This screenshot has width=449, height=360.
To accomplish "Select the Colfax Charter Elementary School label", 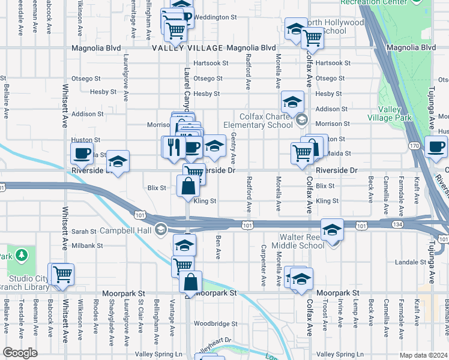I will click(261, 121).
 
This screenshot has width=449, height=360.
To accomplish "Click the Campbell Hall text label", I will click(128, 230).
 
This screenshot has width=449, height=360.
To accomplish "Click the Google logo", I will click(20, 353).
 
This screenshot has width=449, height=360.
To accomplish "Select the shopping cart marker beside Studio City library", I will click(62, 274).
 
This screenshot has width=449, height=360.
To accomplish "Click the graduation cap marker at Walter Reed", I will click(332, 230).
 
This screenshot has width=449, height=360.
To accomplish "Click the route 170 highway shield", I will click(414, 146).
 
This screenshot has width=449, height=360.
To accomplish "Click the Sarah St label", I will click(84, 232).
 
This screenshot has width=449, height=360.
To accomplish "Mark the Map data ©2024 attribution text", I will click(423, 355).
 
